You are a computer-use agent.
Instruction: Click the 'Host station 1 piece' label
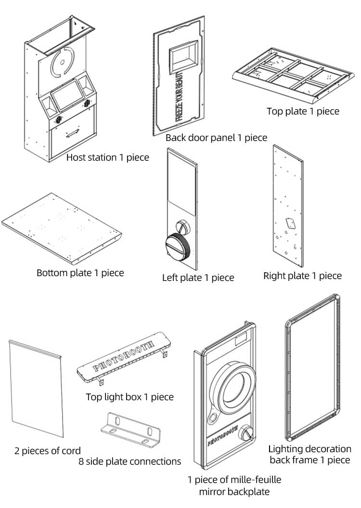(x=107, y=157)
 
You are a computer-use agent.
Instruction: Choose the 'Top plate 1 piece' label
(x=303, y=111)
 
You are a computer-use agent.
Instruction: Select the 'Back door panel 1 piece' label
(x=216, y=138)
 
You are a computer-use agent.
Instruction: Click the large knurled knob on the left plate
(x=178, y=246)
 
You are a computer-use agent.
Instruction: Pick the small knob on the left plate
(x=183, y=225)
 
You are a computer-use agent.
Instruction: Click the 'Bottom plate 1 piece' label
(x=80, y=273)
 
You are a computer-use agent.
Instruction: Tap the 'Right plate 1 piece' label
(x=302, y=276)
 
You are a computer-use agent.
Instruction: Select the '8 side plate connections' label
(x=130, y=461)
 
